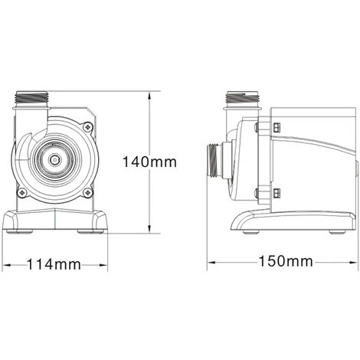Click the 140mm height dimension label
point(150,162)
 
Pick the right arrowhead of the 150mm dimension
point(353,261)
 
